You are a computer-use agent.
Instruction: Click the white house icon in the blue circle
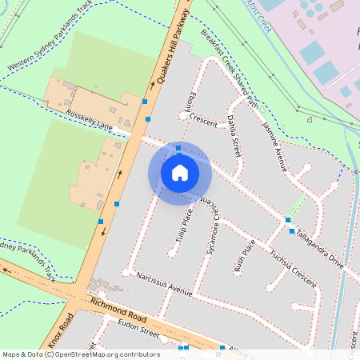click(x=180, y=172)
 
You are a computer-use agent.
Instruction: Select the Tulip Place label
click(x=185, y=226)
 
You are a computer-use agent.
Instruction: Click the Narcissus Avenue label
click(x=165, y=285)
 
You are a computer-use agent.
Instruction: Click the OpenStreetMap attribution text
click(x=81, y=354)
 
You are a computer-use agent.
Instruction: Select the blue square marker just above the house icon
click(x=178, y=147)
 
